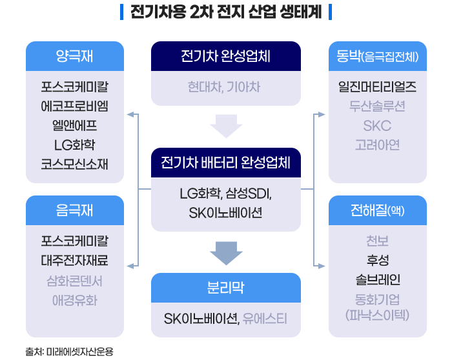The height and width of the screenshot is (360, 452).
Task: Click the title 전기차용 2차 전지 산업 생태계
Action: (226, 12)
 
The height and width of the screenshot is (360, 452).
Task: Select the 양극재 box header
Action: (74, 56)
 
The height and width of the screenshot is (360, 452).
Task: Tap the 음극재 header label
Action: (74, 211)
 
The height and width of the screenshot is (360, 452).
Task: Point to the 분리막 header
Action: (226, 288)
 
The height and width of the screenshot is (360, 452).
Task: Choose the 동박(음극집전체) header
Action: (378, 56)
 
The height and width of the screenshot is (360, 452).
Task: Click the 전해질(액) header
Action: (378, 211)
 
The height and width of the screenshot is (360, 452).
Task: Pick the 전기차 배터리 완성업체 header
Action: (226, 161)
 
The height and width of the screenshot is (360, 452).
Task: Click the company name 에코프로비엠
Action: (74, 106)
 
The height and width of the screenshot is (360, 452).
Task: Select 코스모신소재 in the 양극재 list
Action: (74, 164)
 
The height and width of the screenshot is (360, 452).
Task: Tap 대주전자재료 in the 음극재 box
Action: (74, 261)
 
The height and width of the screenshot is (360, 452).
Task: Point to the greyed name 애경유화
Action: (74, 300)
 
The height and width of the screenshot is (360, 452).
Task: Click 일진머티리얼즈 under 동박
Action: (378, 86)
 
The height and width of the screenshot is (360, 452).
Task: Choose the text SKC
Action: (378, 125)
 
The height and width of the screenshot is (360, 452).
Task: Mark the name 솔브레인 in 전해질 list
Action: (378, 279)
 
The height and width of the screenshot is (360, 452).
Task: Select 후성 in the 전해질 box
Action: (378, 261)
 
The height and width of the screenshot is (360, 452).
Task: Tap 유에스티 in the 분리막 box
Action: (265, 319)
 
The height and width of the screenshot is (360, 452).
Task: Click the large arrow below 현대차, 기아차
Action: (226, 126)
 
